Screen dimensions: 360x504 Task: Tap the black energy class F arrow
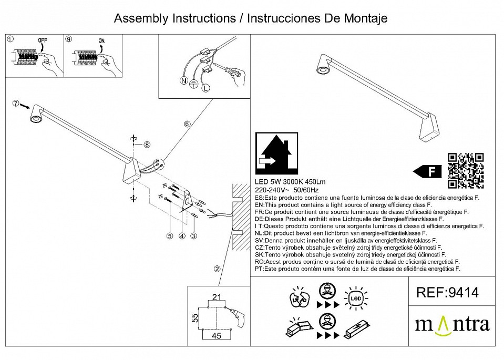426,171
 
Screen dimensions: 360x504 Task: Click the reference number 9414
447,293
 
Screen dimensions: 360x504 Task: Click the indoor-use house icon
276,153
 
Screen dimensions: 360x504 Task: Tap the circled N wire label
183,80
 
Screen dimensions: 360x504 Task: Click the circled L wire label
205,88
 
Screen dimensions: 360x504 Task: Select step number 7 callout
16,103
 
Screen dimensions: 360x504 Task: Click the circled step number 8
147,145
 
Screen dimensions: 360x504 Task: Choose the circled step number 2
216,269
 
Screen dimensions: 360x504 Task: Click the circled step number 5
170,236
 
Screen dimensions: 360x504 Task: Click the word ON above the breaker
102,40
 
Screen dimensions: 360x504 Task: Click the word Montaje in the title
363,18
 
